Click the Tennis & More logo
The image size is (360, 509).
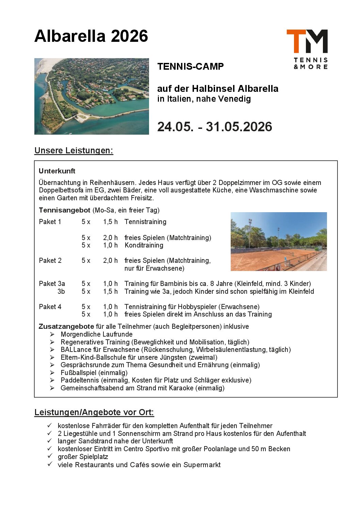[x=307, y=49]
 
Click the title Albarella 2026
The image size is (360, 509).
[x=91, y=36]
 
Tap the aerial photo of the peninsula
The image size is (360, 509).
[x=92, y=96]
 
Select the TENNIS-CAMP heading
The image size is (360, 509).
[x=190, y=67]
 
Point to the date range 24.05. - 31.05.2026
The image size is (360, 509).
[x=214, y=127]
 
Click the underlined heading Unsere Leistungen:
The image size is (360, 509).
[x=73, y=151]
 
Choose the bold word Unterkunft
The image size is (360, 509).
[x=57, y=171]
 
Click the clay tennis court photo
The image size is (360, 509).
[x=279, y=241]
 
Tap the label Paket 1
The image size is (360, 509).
[x=50, y=222]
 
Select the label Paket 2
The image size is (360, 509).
[x=50, y=260]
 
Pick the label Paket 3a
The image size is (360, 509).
[x=52, y=284]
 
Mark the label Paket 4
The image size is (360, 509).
[x=50, y=307]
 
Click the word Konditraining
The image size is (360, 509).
[x=144, y=245]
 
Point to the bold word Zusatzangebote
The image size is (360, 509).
[x=66, y=326]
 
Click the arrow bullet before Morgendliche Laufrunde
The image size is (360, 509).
[x=52, y=334]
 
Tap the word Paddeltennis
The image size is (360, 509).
[x=78, y=380]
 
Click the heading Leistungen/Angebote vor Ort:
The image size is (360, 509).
[x=94, y=412]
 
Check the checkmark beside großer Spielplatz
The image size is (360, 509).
[x=50, y=456]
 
